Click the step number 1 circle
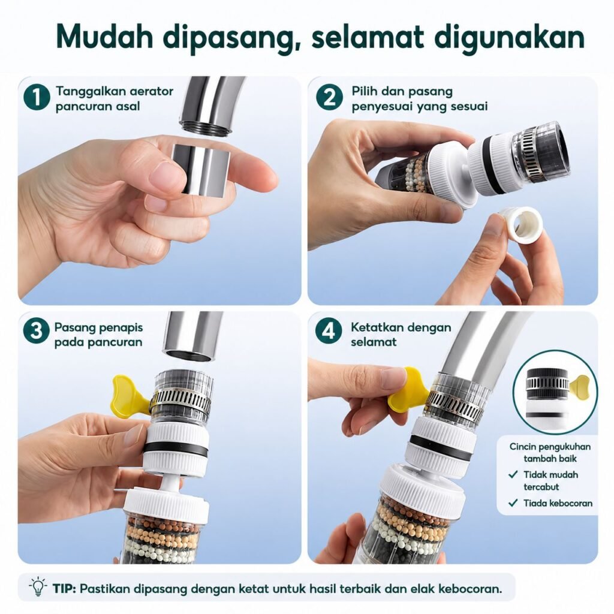37,98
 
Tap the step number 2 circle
329,98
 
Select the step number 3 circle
36,330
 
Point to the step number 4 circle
329,330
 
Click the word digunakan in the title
510,38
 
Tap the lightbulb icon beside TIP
38,586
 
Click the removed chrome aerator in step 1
198,168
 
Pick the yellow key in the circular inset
580,386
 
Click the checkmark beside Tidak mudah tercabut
513,475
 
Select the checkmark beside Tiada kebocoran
513,503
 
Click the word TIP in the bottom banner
64,589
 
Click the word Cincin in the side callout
522,446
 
